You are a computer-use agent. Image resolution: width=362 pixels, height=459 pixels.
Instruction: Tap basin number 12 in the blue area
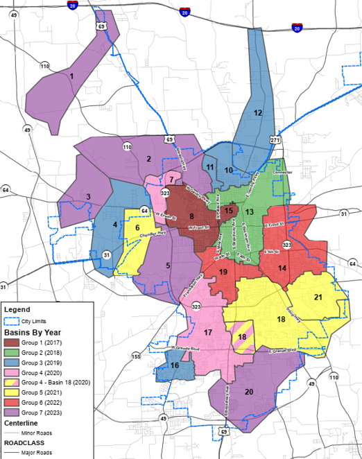click(257, 112)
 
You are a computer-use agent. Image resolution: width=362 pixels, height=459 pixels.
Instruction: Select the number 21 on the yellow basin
click(318, 297)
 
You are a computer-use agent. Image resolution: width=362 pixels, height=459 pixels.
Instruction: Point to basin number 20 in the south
click(249, 391)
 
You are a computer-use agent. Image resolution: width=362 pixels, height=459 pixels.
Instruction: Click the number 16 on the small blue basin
click(174, 365)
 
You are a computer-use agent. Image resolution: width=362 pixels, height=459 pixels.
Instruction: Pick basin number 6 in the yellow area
click(137, 227)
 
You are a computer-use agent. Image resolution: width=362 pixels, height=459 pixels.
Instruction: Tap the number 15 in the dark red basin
click(229, 211)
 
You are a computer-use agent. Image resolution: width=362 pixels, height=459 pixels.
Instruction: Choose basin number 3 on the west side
click(89, 197)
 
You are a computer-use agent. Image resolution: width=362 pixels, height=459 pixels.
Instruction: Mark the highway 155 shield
click(136, 356)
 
